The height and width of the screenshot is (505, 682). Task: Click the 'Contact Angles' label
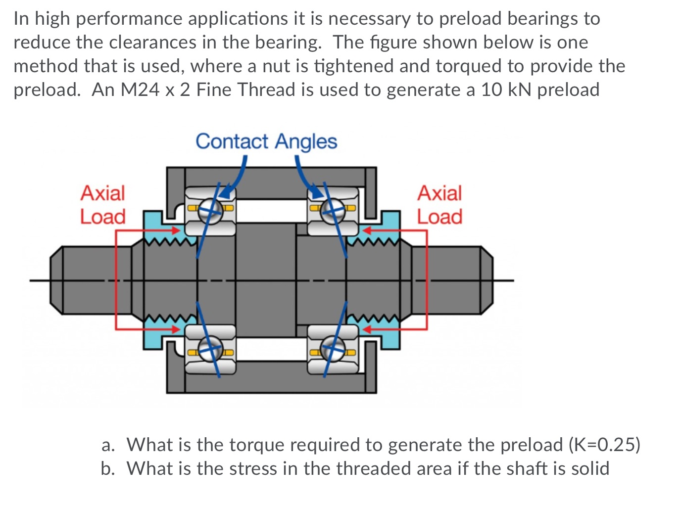(x=266, y=141)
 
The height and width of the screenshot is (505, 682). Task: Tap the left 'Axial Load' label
(x=103, y=205)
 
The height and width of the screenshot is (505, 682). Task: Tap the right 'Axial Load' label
(x=439, y=205)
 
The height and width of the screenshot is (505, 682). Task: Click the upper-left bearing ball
(x=211, y=210)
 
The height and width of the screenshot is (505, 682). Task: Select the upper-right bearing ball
(x=332, y=211)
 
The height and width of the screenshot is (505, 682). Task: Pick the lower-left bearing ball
(x=211, y=349)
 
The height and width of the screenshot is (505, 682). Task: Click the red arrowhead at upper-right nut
(x=367, y=230)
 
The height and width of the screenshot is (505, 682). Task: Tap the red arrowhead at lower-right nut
(x=367, y=328)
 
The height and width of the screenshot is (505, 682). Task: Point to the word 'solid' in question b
(x=590, y=468)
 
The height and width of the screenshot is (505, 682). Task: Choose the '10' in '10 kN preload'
(x=492, y=90)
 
